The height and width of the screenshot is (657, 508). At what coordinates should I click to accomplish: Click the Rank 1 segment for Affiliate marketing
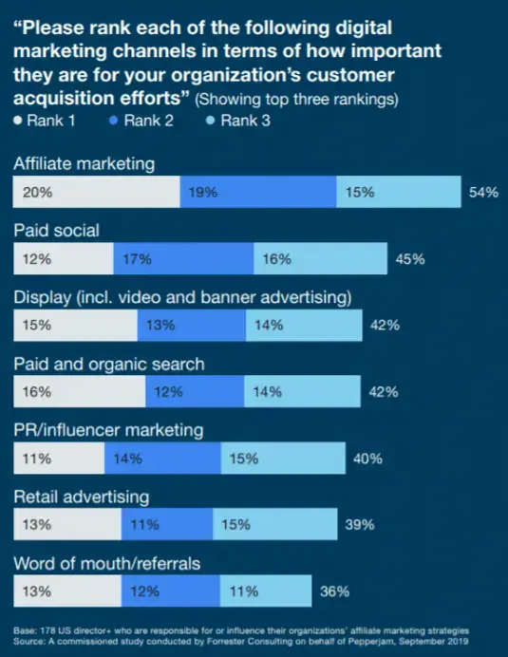coord(96,192)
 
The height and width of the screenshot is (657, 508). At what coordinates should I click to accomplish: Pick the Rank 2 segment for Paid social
coord(183,258)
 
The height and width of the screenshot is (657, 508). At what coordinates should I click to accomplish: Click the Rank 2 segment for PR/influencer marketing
coord(162,459)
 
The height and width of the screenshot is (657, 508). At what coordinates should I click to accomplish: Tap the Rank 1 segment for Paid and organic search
coord(79,391)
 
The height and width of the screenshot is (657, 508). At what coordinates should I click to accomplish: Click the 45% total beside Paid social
coord(410,258)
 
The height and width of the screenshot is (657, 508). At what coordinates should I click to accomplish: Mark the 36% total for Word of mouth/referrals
coord(334,591)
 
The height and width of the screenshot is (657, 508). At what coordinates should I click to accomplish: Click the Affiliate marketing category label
coord(84,163)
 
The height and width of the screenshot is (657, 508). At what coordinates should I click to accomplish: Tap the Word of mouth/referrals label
coord(106,563)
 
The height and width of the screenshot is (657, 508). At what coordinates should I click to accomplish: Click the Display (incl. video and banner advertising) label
coord(182,297)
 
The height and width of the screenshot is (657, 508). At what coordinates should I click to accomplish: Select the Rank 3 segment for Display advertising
coord(304,325)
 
